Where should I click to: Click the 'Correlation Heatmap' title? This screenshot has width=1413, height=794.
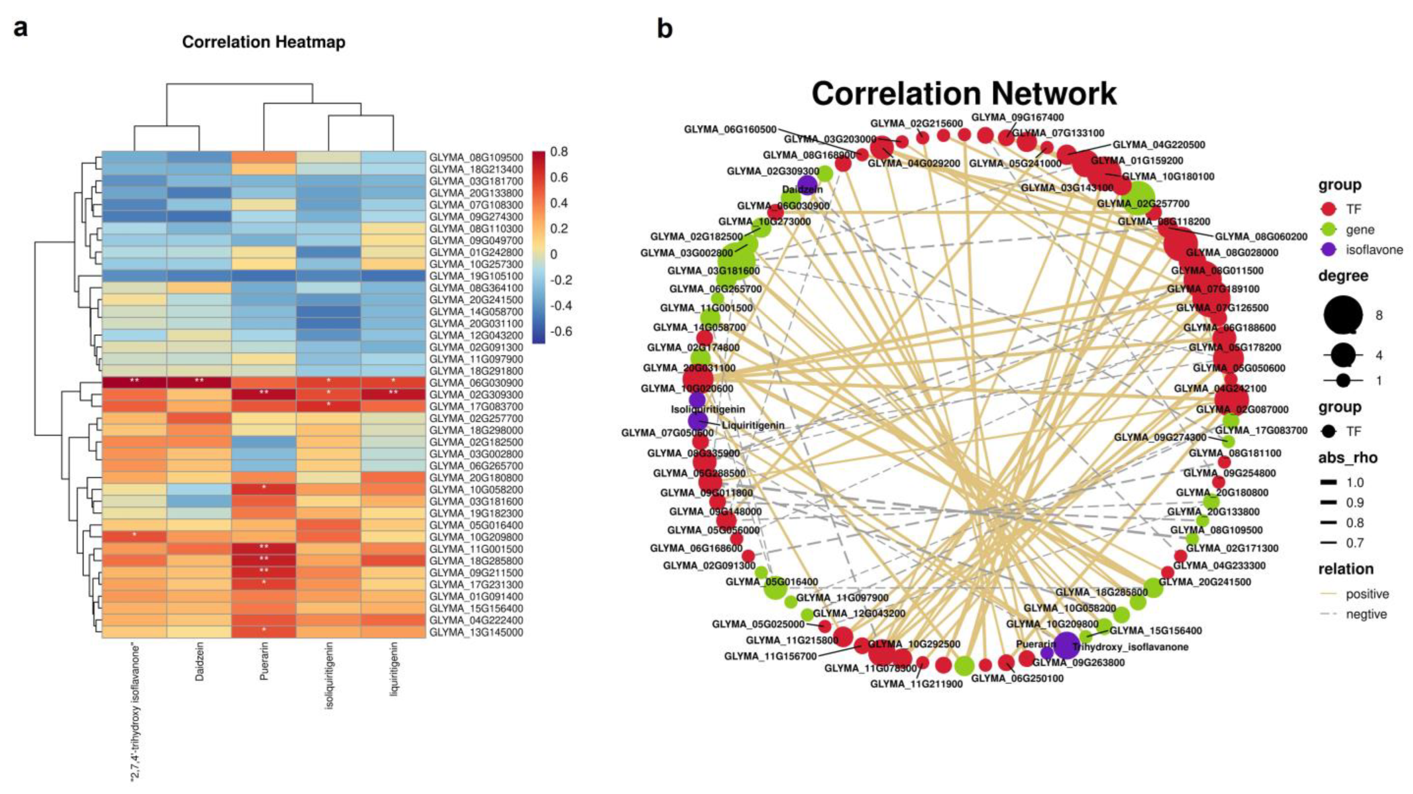[x=263, y=42]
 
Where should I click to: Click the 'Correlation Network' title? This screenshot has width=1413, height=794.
[x=964, y=94]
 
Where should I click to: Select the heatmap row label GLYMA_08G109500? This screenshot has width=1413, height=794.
[x=476, y=157]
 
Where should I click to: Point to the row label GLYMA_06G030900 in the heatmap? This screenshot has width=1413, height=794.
[x=476, y=383]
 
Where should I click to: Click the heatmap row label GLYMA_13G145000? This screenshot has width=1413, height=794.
[x=476, y=632]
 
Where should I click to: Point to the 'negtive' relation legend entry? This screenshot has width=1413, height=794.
[x=1366, y=614]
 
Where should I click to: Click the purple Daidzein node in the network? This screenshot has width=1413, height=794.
[x=807, y=185]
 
